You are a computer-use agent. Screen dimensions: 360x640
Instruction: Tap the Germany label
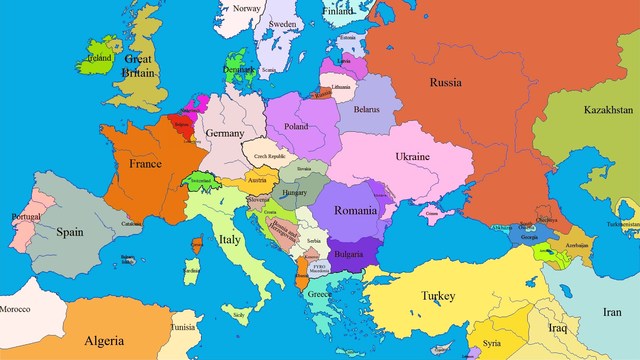(x=224, y=133)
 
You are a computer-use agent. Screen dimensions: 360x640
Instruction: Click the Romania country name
(x=356, y=211)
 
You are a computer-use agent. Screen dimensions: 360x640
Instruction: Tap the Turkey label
(x=437, y=296)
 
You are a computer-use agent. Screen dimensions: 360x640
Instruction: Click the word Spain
(x=69, y=232)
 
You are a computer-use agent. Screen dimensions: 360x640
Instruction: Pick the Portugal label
(x=25, y=217)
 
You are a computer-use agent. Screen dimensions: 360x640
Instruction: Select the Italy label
(x=230, y=240)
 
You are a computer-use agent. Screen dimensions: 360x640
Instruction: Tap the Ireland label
(x=99, y=58)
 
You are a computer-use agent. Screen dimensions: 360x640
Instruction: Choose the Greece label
(x=320, y=295)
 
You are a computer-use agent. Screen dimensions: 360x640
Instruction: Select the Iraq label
(x=556, y=327)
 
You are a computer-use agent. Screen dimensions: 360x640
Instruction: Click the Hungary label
(x=294, y=192)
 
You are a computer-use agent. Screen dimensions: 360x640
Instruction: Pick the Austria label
(x=257, y=180)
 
